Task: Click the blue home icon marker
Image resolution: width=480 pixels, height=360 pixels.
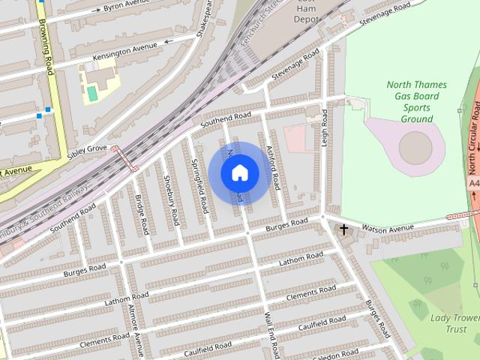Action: click(239, 173)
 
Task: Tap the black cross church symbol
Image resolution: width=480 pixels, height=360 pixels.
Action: click(343, 229)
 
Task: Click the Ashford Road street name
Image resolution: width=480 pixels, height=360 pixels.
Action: click(272, 166)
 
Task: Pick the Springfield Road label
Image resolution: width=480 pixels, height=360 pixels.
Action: click(199, 184)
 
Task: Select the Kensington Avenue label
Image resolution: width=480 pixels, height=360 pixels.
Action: click(124, 52)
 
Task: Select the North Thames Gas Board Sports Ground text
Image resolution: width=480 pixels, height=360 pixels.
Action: click(416, 102)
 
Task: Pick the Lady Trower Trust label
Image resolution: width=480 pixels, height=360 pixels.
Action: click(454, 323)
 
